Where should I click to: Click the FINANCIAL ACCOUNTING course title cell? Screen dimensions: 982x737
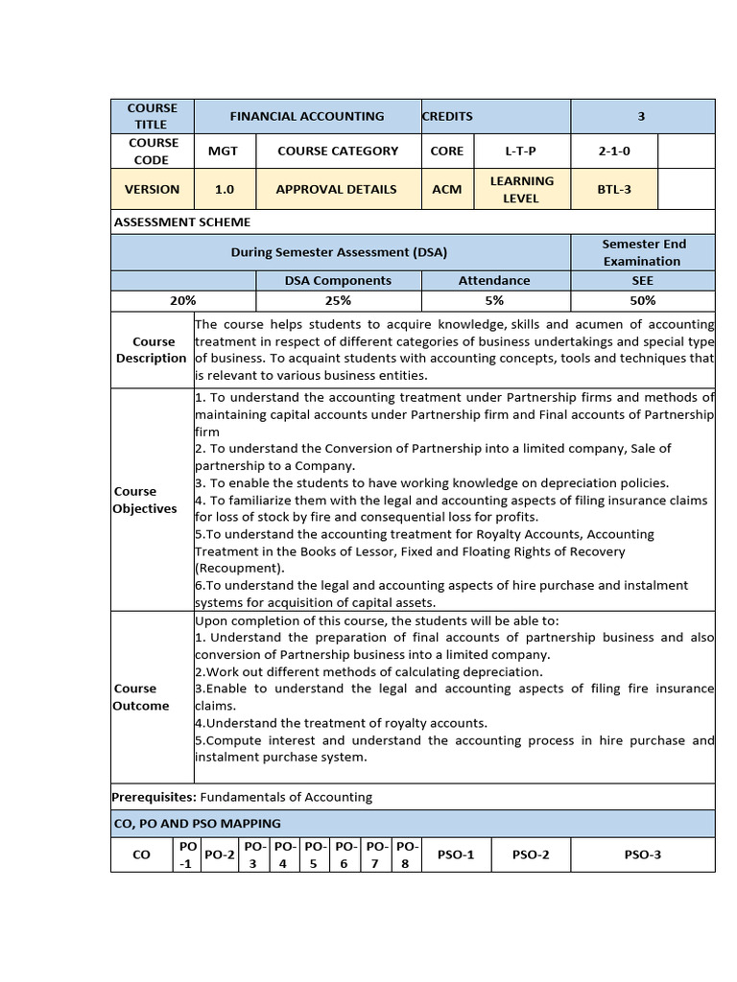click(x=307, y=116)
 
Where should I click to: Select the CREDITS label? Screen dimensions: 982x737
click(x=447, y=116)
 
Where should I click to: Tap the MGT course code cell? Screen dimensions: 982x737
click(x=224, y=151)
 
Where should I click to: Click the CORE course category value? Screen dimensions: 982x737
click(x=447, y=151)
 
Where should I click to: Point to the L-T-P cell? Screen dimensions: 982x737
click(x=522, y=151)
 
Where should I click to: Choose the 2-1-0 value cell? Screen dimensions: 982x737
click(x=614, y=151)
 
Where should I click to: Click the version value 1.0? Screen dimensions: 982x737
click(x=224, y=189)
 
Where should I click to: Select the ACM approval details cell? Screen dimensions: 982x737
click(x=447, y=189)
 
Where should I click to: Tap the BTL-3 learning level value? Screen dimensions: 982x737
click(x=614, y=189)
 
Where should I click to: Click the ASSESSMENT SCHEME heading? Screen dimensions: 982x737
click(x=182, y=222)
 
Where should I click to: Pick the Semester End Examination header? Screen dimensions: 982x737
click(x=642, y=252)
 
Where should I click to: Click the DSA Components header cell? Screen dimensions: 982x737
click(x=338, y=280)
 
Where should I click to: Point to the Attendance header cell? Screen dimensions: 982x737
click(x=494, y=280)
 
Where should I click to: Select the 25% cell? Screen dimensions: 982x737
click(x=338, y=300)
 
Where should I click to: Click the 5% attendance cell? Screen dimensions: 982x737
click(x=494, y=300)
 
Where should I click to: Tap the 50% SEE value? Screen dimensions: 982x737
click(x=642, y=300)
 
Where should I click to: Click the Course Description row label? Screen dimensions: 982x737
click(x=152, y=350)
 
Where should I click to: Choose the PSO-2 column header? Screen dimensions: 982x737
click(x=531, y=854)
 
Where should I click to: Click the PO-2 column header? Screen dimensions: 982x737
click(x=221, y=854)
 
